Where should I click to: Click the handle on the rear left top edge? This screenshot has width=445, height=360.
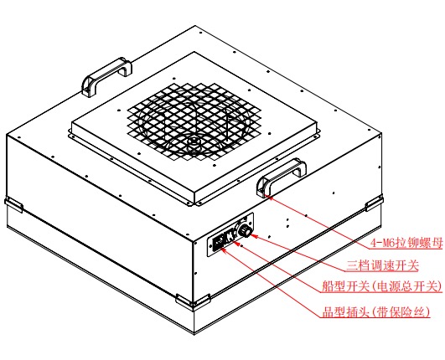tap(106, 76)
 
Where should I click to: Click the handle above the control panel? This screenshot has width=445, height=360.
tap(281, 177)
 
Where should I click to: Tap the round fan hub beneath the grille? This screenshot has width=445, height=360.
tap(194, 141)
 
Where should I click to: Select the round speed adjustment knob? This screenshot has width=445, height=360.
tap(245, 231)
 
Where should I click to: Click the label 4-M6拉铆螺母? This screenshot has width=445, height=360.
tap(406, 243)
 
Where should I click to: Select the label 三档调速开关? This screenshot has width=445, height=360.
tap(382, 265)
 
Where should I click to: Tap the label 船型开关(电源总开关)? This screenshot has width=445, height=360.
tap(382, 286)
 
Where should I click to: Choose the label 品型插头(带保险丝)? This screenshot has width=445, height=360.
tap(376, 311)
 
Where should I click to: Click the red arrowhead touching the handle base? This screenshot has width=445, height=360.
tap(270, 198)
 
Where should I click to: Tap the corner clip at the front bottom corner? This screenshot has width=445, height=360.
tap(193, 302)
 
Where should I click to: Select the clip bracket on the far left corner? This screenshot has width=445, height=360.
tap(13, 204)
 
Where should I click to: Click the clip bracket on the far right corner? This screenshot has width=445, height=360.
tap(374, 203)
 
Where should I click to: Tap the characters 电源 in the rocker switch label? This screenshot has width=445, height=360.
tap(389, 286)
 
